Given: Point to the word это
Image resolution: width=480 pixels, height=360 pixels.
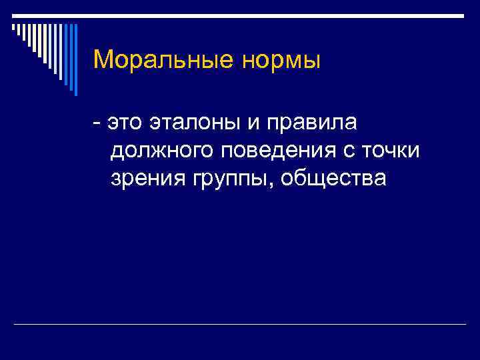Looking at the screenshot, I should coord(127,124).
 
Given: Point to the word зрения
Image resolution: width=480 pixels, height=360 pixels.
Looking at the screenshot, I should coord(143,179).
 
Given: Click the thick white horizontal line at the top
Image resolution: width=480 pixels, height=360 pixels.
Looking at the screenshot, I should coord(240,15).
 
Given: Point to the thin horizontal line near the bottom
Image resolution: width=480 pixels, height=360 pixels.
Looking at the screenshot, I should coord(240,324).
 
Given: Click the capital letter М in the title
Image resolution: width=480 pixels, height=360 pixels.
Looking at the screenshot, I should coord(103,60).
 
